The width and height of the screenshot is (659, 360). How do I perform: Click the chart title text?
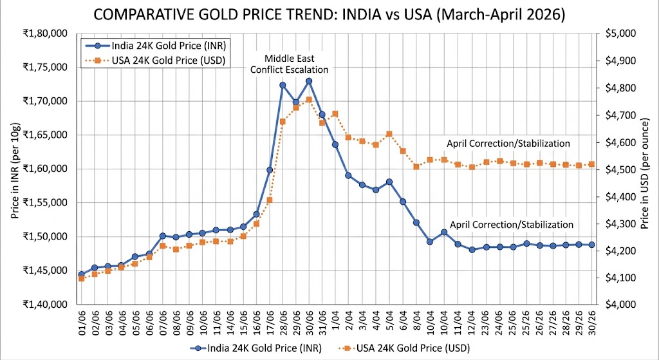[x=329, y=14]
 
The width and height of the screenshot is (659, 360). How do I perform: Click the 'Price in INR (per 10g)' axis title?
[x=14, y=169]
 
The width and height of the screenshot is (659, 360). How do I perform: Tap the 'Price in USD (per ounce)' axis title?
[x=645, y=169]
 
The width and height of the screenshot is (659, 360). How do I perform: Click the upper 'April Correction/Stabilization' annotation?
[x=508, y=143]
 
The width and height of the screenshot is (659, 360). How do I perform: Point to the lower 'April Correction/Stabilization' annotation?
[x=511, y=225]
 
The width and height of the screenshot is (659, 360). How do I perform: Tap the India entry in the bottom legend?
[x=256, y=348]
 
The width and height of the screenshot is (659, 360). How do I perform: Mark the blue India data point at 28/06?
[x=283, y=85]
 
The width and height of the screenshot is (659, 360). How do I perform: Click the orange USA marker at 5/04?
[x=389, y=134]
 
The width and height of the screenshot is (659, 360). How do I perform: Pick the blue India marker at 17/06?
[x=270, y=170]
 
